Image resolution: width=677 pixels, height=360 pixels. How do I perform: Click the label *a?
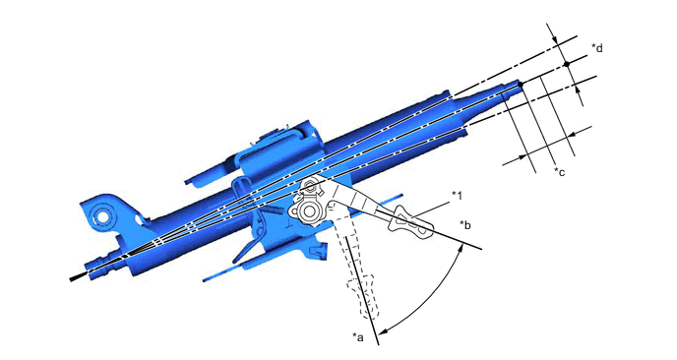[x=359, y=337]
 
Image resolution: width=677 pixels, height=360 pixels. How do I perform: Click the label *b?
[x=465, y=225]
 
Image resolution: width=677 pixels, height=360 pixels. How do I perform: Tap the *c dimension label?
[x=559, y=173]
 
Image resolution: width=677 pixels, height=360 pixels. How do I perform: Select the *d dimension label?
[x=597, y=48]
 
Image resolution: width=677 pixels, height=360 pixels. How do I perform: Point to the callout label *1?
[x=457, y=194]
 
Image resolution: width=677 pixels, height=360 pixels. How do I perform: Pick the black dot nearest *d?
[x=567, y=64]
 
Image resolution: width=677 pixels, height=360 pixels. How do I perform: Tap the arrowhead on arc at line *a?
[x=381, y=329]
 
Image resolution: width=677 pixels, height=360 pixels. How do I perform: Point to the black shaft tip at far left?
[x=74, y=279]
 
